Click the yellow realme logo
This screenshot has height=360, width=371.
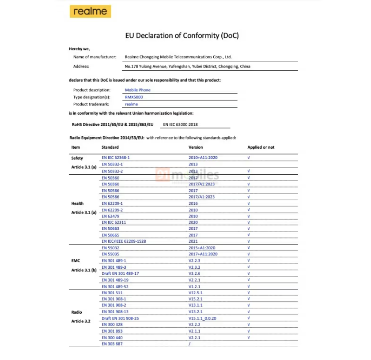click(x=90, y=11)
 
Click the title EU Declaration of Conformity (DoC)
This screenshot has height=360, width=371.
click(x=182, y=36)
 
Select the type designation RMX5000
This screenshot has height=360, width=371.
click(x=134, y=97)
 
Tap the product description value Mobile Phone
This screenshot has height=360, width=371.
click(x=137, y=90)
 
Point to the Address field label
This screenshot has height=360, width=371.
click(x=81, y=66)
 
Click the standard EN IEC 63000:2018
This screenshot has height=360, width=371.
click(x=180, y=125)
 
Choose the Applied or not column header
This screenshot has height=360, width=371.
click(x=261, y=147)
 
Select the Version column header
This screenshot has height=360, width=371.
click(x=196, y=147)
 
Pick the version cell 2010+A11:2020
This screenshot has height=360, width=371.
click(x=203, y=157)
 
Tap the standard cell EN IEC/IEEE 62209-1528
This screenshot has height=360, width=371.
click(x=124, y=241)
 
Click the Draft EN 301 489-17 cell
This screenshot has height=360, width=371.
click(x=120, y=274)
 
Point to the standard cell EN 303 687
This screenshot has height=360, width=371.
click(x=112, y=344)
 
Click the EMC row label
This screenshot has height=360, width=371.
click(x=76, y=261)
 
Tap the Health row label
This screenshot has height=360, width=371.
click(x=77, y=203)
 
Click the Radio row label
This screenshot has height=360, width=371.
click(x=76, y=312)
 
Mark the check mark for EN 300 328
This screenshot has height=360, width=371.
click(x=249, y=324)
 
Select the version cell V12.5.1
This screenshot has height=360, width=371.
click(x=196, y=292)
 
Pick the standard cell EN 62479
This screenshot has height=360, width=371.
click(x=110, y=216)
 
